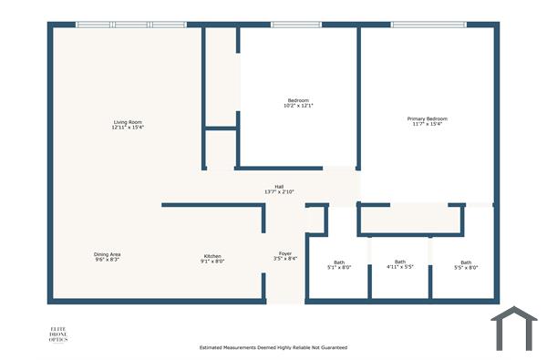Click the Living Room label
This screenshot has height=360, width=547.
[x=128, y=122]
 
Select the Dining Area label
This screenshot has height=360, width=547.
[x=108, y=254]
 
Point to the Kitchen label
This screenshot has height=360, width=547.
[x=212, y=256]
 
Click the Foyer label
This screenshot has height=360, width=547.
[x=285, y=253]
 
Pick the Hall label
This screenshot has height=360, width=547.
[x=279, y=186]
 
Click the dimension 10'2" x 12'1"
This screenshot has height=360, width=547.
[x=299, y=106]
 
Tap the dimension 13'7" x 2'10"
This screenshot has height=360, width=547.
[x=279, y=192]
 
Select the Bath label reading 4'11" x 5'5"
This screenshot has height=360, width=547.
[x=400, y=262]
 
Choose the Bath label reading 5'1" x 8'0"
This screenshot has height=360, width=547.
[x=339, y=262]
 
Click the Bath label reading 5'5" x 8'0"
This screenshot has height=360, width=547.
[x=466, y=262]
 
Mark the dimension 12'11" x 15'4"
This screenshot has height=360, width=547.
[x=128, y=128]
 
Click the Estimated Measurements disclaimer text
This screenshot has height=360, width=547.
[x=273, y=347]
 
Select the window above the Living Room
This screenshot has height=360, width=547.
[x=125, y=25]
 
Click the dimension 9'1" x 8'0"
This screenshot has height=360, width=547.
[x=212, y=262]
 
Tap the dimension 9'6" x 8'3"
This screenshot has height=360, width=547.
[x=108, y=261]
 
